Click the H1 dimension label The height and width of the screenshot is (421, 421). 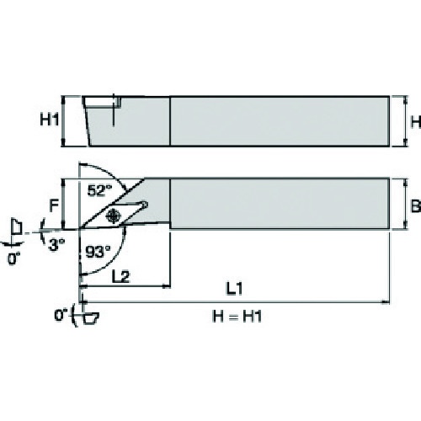[x=50, y=120]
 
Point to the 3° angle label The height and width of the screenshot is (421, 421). [x=56, y=244]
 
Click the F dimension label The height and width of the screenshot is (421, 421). [x=54, y=205]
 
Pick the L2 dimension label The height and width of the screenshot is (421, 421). [x=120, y=277]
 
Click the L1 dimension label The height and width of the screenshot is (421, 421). [x=234, y=288]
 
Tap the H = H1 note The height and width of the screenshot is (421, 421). [x=237, y=317]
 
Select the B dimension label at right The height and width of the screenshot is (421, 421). [x=416, y=206]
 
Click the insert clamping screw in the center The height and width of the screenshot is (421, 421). [x=113, y=216]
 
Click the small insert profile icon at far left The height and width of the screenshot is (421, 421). [x=16, y=226]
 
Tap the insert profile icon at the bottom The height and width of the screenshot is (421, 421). [x=91, y=318]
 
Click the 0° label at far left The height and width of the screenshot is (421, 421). [x=13, y=258]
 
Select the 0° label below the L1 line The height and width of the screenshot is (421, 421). [x=61, y=316]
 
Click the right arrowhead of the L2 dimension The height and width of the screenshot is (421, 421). [x=167, y=286]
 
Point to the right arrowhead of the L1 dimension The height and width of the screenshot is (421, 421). [x=386, y=302]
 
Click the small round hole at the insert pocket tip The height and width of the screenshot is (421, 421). [x=145, y=205]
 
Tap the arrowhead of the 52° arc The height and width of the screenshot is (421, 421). [x=123, y=185]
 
